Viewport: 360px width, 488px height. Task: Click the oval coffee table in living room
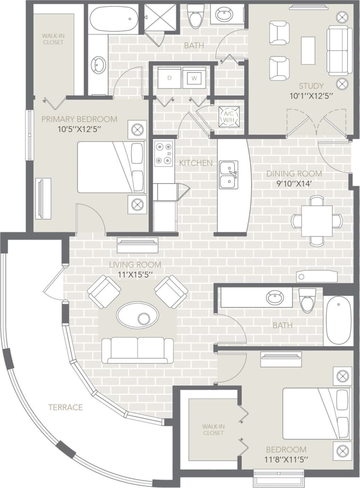137,315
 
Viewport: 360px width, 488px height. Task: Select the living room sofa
137,350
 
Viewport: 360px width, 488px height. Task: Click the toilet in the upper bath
195,16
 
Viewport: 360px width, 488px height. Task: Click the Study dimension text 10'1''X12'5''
312,96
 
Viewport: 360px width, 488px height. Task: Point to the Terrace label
65,407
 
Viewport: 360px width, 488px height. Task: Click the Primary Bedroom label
79,119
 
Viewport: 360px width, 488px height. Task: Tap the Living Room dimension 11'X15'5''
135,274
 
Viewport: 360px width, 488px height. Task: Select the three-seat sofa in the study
339,50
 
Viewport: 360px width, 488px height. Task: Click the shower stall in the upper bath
159,18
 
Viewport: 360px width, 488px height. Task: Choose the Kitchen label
196,163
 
